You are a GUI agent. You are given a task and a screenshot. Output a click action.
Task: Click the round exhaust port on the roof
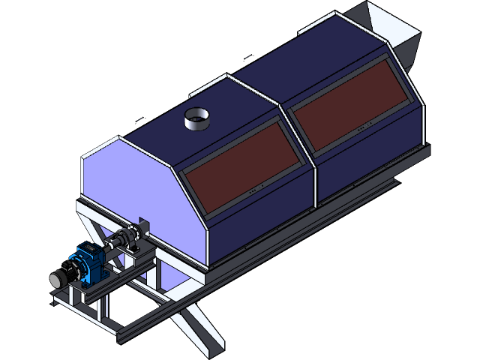[x=197, y=118]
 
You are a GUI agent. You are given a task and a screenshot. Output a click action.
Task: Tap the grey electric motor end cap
[x=56, y=279]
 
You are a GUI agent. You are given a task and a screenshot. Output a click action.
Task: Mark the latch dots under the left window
[x=254, y=192]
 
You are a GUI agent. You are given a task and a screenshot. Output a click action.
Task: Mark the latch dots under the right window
[x=364, y=127]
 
